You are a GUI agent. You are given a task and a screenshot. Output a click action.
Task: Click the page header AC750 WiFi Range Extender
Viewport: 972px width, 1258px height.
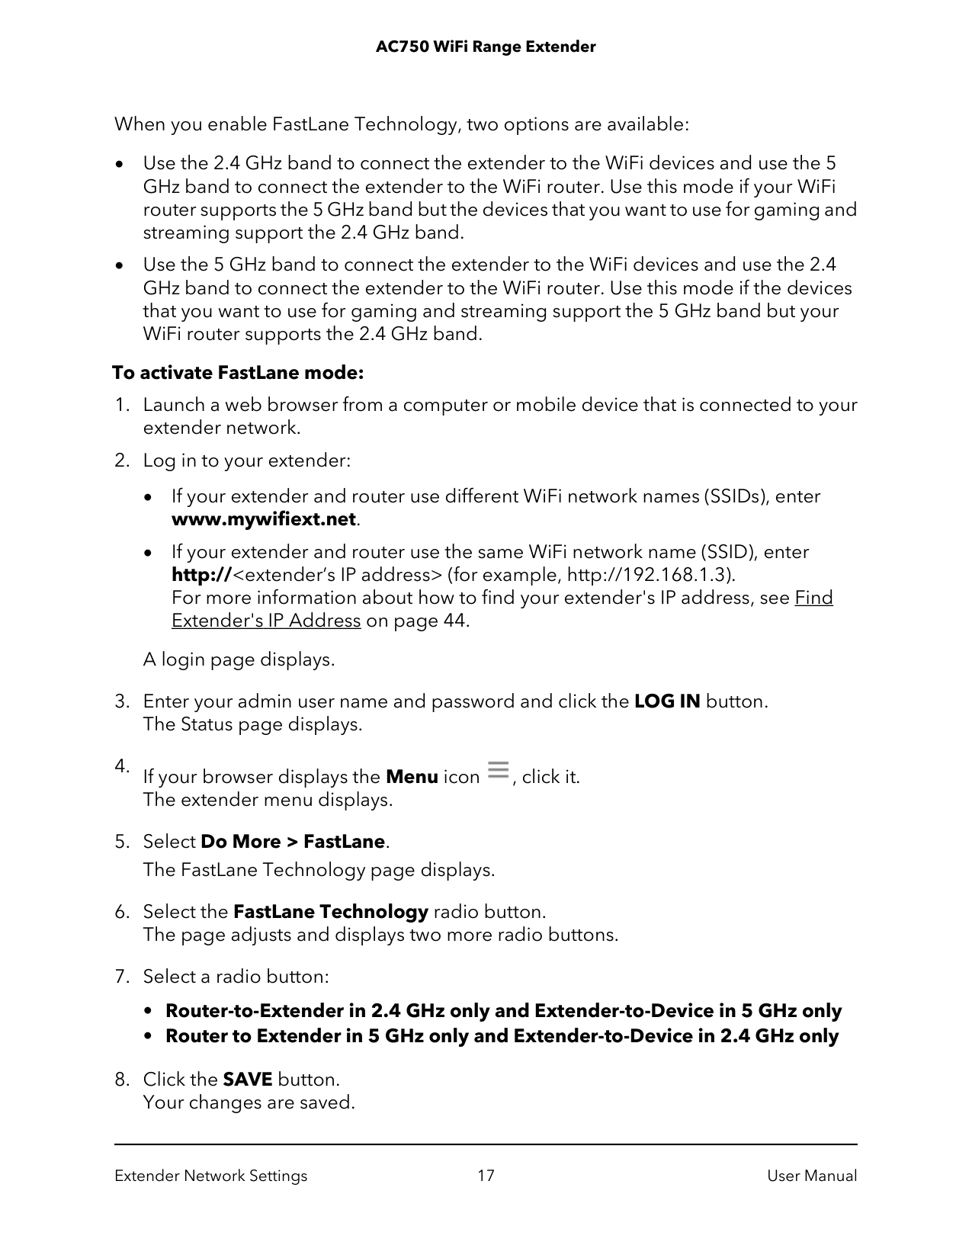[x=486, y=47]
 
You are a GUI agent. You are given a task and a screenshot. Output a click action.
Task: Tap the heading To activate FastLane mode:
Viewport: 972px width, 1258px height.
[x=238, y=373]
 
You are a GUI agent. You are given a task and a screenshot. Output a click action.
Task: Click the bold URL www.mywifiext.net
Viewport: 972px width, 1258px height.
[x=264, y=519]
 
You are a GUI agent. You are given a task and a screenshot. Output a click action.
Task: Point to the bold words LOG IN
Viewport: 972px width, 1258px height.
[x=667, y=701]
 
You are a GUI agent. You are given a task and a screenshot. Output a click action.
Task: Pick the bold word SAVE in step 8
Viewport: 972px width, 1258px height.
[x=247, y=1080]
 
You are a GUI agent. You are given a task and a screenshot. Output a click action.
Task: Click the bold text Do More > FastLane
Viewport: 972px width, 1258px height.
[x=293, y=842]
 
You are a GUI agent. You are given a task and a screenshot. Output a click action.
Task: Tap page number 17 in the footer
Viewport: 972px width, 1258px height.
[x=486, y=1176]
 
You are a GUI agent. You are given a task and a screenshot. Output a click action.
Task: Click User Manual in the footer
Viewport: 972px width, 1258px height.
[x=812, y=1176]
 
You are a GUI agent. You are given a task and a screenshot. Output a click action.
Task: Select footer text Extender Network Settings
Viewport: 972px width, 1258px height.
[x=211, y=1176]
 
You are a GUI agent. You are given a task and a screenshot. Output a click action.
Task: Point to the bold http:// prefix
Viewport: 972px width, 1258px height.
[x=200, y=574]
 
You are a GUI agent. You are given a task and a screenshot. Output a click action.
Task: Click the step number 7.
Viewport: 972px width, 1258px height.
[x=120, y=977]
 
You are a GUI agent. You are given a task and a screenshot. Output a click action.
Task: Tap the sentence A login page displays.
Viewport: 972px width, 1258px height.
[x=239, y=659]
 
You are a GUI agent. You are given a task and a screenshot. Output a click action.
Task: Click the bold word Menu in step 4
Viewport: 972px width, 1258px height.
[x=412, y=777]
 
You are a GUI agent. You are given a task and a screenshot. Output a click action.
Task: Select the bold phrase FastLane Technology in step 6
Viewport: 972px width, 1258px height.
[x=331, y=912]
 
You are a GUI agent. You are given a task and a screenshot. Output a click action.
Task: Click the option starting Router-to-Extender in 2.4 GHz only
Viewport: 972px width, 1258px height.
[x=503, y=1011]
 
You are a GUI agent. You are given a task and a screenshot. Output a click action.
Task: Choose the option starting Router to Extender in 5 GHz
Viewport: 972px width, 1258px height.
[x=502, y=1036]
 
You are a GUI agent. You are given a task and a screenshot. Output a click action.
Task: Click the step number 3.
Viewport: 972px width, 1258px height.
[x=120, y=701]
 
